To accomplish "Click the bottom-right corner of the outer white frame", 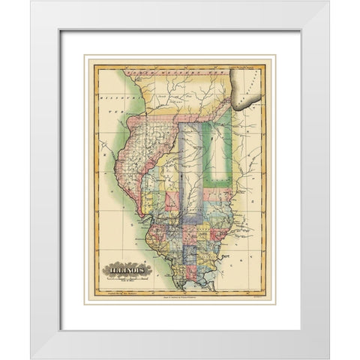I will coord(328,358).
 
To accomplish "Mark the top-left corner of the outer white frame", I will coord(31,1).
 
